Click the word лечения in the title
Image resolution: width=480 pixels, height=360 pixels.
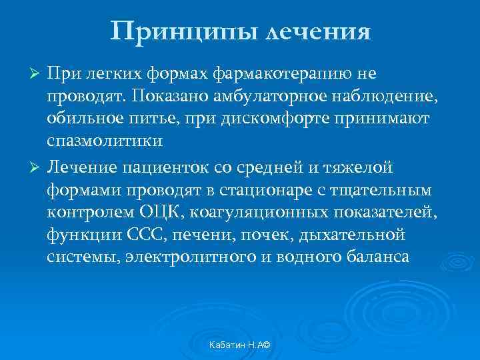click(318, 31)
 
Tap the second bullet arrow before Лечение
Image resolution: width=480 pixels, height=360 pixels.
click(37, 165)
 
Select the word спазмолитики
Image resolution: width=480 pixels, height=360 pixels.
click(104, 141)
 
